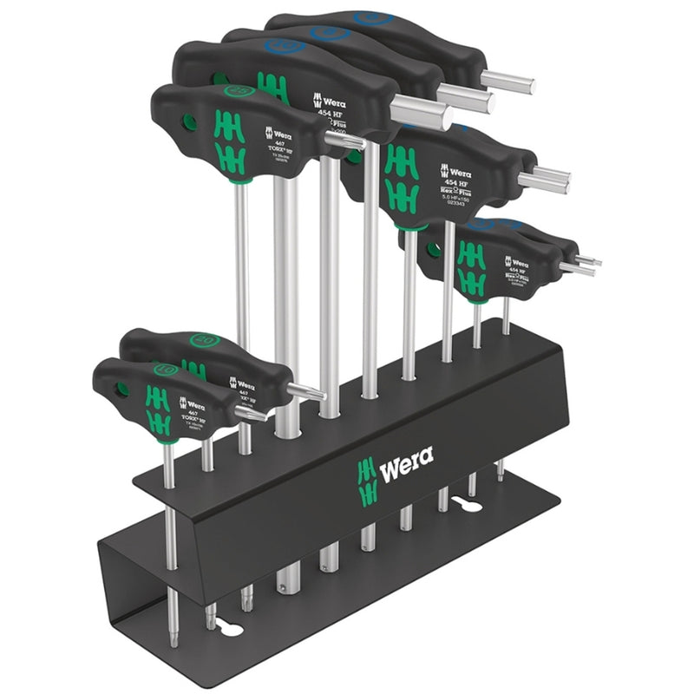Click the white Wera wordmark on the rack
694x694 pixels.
coord(406,456)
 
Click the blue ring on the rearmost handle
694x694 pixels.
coord(369,16)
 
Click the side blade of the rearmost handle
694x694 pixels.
coord(507,82)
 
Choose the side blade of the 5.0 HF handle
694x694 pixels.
coord(544,180)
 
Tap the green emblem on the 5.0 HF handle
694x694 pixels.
coord(402,177)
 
